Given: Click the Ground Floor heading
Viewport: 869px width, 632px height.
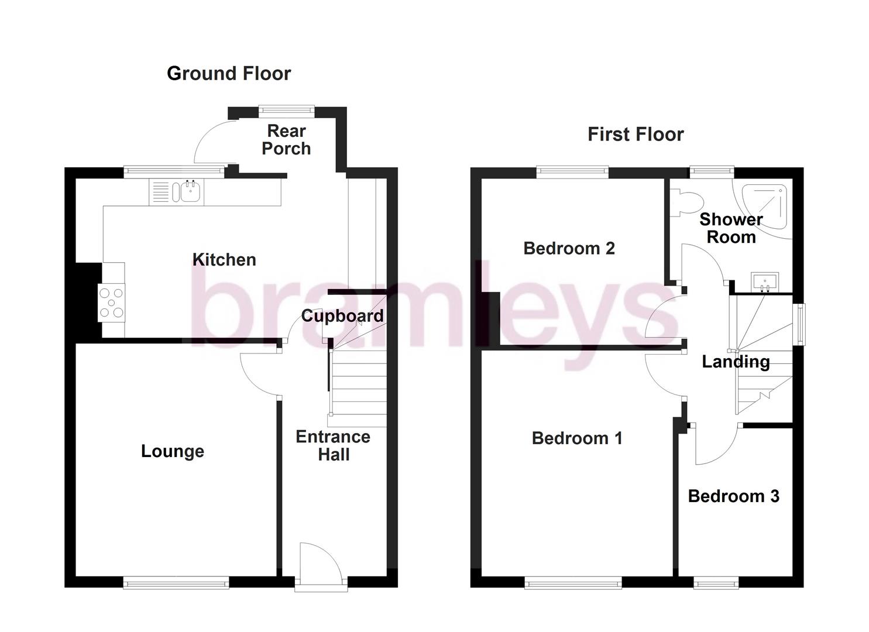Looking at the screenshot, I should tap(229, 74).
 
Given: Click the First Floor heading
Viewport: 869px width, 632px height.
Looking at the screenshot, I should tap(636, 135).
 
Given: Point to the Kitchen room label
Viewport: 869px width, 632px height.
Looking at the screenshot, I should tap(224, 260).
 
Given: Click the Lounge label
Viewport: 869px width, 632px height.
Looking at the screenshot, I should tap(173, 451).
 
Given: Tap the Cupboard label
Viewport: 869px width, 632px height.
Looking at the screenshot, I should tap(342, 316).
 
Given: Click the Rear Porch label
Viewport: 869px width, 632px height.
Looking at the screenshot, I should tap(286, 140).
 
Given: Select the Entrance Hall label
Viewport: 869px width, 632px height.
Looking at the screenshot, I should tap(333, 445).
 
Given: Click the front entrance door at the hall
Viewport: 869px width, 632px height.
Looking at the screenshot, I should tap(319, 562).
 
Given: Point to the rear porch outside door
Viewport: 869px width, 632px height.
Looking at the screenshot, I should tap(214, 143).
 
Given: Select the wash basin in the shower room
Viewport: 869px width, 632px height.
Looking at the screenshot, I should tap(764, 282).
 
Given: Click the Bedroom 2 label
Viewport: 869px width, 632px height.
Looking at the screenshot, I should tap(569, 249).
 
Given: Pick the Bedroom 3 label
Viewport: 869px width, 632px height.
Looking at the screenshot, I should tap(733, 496).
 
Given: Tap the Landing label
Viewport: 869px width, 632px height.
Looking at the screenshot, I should tap(736, 362).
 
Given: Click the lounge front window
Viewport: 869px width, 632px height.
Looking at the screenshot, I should tap(176, 582).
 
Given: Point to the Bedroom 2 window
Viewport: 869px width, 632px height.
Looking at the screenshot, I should tap(572, 172).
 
